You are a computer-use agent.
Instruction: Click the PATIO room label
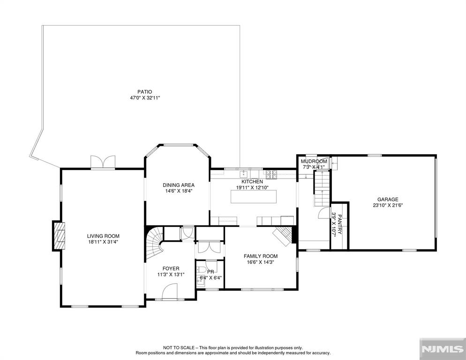(x=145, y=92)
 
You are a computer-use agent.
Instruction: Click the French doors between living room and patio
(x=103, y=162)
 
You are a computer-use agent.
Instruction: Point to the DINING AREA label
(x=179, y=185)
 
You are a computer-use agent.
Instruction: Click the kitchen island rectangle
(x=254, y=196)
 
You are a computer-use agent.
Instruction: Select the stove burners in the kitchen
(x=271, y=174)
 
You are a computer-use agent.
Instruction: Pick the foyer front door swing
(x=170, y=291)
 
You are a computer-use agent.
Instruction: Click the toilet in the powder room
(x=202, y=270)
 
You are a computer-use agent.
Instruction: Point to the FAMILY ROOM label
(x=261, y=256)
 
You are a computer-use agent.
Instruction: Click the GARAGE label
(x=388, y=200)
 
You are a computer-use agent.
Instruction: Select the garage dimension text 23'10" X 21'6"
(x=388, y=205)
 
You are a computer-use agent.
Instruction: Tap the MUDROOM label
(x=314, y=161)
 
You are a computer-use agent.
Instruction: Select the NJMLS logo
(x=443, y=349)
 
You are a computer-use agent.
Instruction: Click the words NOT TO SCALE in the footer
(x=179, y=347)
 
